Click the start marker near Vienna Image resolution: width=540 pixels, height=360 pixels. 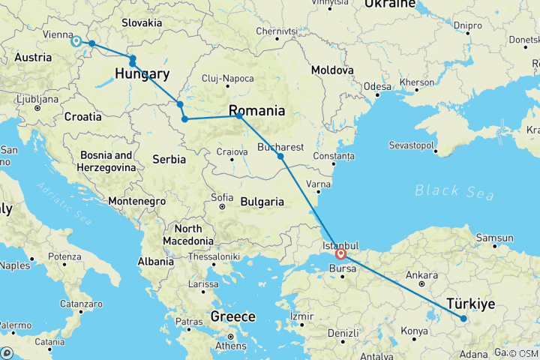click(x=76, y=42)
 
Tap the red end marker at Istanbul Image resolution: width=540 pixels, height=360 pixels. click(x=340, y=253)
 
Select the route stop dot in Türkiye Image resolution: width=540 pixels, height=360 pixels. click(x=463, y=319)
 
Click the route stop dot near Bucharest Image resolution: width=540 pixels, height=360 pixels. click(x=280, y=156)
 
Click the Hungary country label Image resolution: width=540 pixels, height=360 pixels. click(x=142, y=73)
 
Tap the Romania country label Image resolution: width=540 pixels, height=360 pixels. click(x=256, y=110)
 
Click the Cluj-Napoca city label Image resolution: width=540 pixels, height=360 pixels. click(x=227, y=79)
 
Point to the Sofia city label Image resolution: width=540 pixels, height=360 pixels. click(x=221, y=197)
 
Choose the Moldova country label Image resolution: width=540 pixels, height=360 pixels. click(x=332, y=69)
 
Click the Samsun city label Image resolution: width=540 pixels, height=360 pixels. click(x=493, y=238)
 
